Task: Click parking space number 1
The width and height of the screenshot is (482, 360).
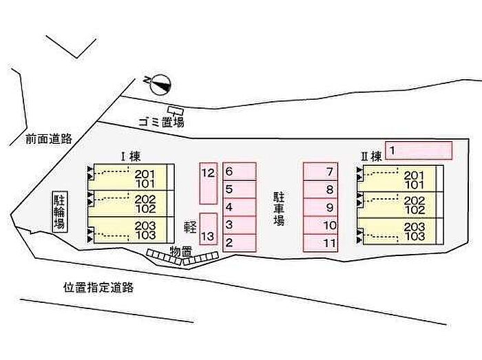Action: [x=418, y=151]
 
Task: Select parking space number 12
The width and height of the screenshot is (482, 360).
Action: [x=209, y=183]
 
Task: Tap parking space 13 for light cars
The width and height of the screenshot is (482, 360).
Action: [x=209, y=229]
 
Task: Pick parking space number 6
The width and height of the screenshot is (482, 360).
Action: [x=239, y=171]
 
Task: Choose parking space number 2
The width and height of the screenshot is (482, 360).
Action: [x=239, y=243]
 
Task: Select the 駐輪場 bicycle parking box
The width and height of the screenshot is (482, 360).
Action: [x=59, y=212]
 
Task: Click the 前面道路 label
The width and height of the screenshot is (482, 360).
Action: [x=49, y=138]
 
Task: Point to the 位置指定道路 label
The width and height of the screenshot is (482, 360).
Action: [x=98, y=288]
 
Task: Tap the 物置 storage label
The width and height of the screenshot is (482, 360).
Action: [x=181, y=251]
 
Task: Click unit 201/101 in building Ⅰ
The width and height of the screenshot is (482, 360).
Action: [x=131, y=178]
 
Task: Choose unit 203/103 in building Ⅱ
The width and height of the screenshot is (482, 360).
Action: [x=399, y=231]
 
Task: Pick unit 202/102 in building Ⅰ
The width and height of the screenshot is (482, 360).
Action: [x=131, y=204]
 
